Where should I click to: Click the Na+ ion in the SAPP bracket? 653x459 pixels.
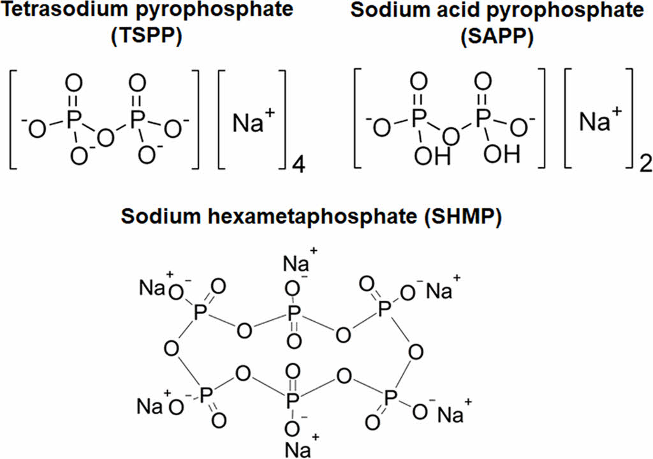[x=598, y=120]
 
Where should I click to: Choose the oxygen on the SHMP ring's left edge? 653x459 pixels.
[x=170, y=349]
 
